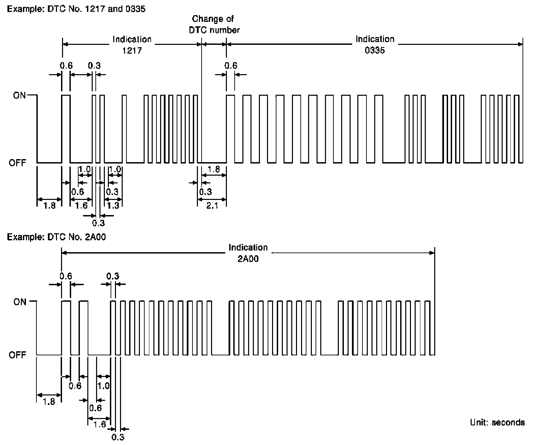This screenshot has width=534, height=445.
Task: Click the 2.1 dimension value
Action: tap(212, 205)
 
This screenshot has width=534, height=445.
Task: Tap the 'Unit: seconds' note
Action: tap(497, 422)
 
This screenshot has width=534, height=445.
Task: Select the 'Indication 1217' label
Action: tap(132, 45)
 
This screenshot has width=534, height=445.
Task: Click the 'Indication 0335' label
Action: tap(375, 45)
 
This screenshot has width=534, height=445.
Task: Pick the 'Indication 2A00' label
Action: tap(248, 253)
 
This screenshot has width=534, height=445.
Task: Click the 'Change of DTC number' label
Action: tap(214, 24)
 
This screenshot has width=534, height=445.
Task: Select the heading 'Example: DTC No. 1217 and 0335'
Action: tap(76, 9)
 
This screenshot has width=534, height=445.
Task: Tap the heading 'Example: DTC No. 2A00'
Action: tap(56, 237)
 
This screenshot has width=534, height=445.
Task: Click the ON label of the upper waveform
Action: tap(20, 95)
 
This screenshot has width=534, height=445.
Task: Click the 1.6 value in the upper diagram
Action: tap(82, 205)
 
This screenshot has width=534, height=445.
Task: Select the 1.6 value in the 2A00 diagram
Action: tap(100, 424)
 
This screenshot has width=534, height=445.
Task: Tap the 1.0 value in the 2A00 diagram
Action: tap(103, 386)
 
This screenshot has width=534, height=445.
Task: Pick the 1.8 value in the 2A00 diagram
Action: tap(49, 402)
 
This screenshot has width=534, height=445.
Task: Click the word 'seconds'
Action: tap(508, 422)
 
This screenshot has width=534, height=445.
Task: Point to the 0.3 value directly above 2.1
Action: tap(205, 192)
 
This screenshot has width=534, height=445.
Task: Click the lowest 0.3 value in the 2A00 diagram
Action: tap(118, 437)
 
